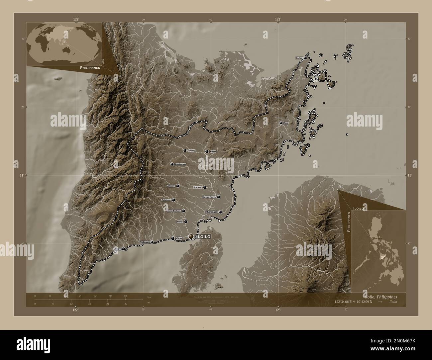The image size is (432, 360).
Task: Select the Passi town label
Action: (x=213, y=151)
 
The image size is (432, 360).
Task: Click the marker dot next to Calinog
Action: (x=185, y=150)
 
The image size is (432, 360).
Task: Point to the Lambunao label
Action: (x=180, y=164)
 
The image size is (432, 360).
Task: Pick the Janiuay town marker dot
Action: (x=178, y=186)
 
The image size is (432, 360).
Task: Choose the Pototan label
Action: (x=198, y=188)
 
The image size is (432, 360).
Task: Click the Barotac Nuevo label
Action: (x=209, y=197)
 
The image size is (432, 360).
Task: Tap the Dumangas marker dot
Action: (x=220, y=212)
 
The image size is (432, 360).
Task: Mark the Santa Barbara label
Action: (x=174, y=211)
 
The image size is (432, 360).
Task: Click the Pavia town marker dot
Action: (x=186, y=222)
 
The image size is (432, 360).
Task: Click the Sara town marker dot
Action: (x=281, y=123)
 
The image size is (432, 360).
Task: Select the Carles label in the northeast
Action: (x=299, y=58)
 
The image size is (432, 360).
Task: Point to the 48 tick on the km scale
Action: (x=125, y=296)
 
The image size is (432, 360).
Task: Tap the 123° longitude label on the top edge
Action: (x=278, y=20)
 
